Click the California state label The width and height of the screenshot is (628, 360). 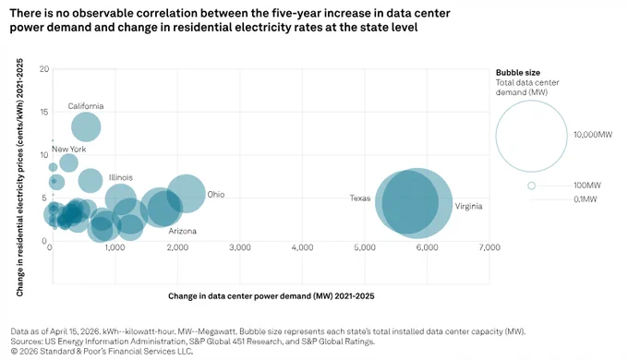tap(86, 106)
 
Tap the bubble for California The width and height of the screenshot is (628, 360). tap(86, 127)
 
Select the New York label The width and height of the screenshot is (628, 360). tap(69, 149)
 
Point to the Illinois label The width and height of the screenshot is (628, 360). tap(121, 177)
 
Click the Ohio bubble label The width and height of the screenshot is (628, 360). tap(216, 195)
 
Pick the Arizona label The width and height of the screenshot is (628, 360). tap(182, 231)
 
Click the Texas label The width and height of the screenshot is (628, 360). tap(360, 198)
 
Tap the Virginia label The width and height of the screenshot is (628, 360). tap(468, 206)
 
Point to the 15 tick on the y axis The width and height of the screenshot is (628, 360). tap(43, 112)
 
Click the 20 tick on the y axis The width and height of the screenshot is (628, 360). tap(44, 69)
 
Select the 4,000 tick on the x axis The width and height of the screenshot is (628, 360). tap(302, 247)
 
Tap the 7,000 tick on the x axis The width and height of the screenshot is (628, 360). tap(489, 247)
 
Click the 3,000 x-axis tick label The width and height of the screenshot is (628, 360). tap(240, 247)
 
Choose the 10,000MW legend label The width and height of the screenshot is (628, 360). tap(593, 135)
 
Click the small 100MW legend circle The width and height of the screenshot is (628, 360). tap(531, 186)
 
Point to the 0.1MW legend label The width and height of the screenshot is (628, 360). tap(586, 199)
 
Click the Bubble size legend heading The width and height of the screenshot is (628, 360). tap(518, 73)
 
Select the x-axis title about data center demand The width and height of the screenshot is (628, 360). tap(272, 296)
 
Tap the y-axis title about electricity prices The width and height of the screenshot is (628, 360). tap(19, 177)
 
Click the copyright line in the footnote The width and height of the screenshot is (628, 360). tap(102, 351)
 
